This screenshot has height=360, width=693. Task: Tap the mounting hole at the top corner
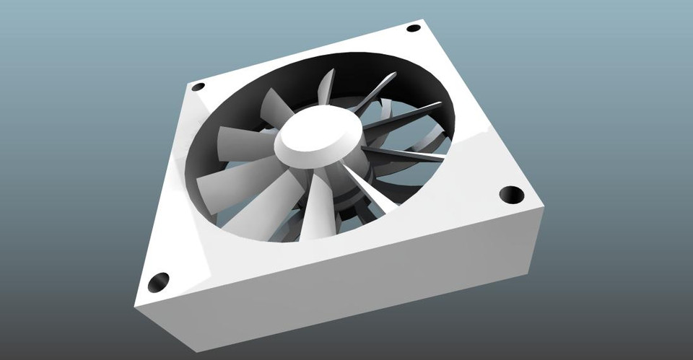pyautogui.click(x=413, y=29)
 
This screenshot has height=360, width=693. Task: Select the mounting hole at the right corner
pyautogui.click(x=511, y=194)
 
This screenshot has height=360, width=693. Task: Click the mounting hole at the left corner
pyautogui.click(x=198, y=87)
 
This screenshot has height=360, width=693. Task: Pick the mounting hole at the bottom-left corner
pyautogui.click(x=158, y=282)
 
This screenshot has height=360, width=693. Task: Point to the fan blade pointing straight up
pyautogui.click(x=326, y=90)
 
